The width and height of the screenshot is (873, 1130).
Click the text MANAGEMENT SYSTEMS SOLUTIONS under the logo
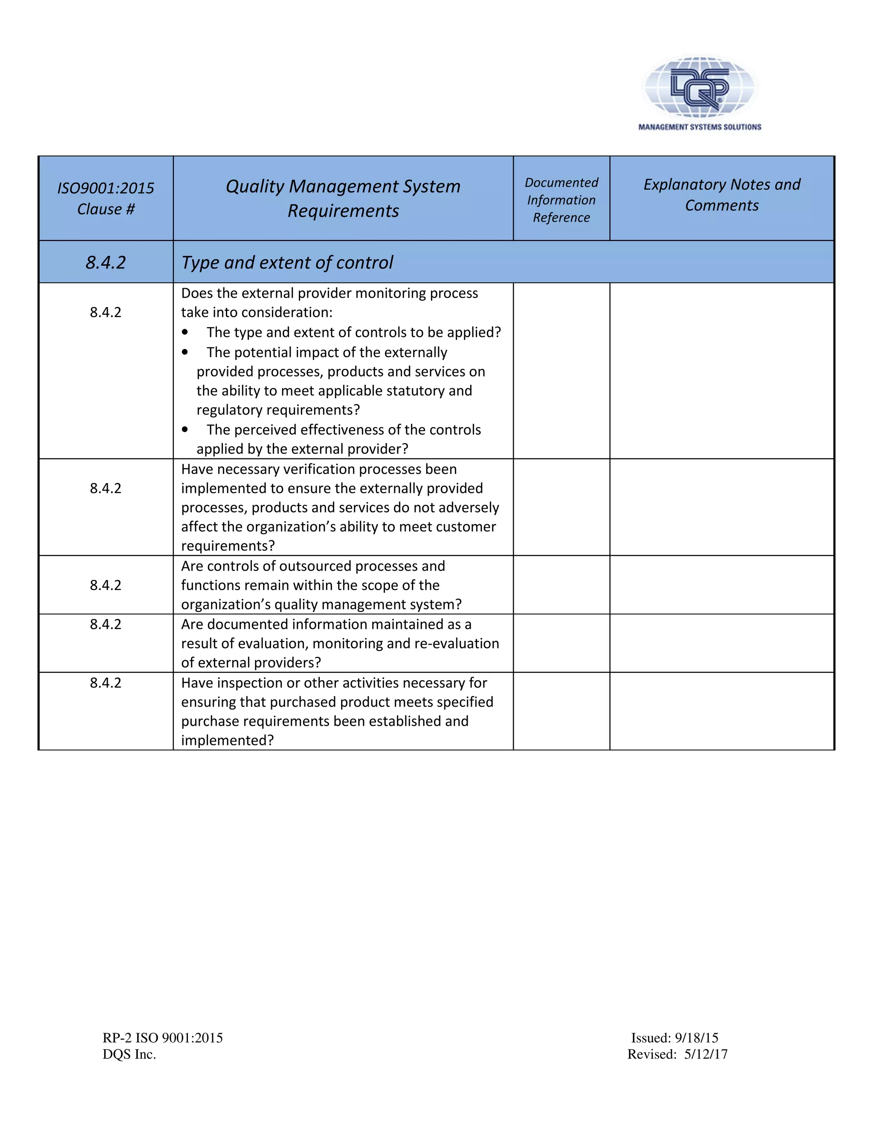699,127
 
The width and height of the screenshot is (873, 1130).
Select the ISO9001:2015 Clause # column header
106,198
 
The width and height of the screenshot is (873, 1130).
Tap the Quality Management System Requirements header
343,198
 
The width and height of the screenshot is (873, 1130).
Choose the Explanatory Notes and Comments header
722,194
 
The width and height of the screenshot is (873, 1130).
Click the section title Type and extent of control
287,262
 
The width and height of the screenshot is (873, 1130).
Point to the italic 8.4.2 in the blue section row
106,262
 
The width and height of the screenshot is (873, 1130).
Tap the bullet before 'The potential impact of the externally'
185,352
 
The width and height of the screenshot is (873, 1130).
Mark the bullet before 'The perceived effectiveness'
185,430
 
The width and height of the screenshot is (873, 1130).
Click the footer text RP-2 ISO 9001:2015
162,1038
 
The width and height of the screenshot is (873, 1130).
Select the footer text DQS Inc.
129,1054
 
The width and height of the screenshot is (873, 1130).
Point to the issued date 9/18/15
696,1038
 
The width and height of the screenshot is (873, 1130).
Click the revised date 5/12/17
705,1054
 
